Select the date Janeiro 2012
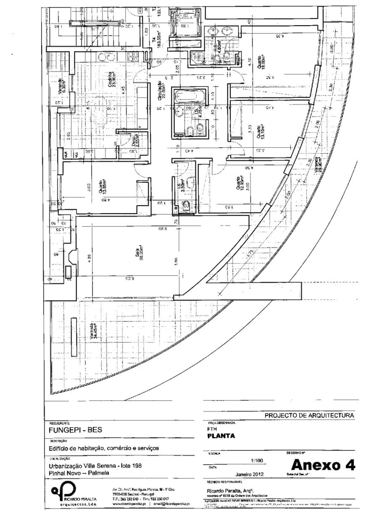click(249, 474)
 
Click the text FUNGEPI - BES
click(75, 430)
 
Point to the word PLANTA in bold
click(221, 436)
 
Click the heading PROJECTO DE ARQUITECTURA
click(309, 415)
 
